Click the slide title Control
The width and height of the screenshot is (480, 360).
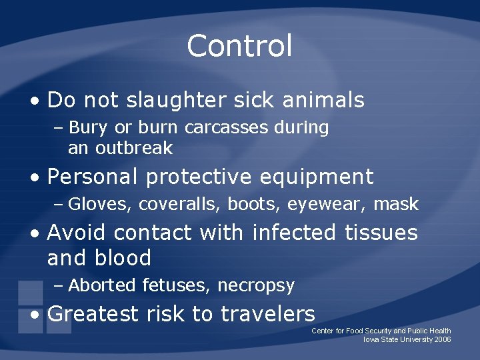tap(239, 46)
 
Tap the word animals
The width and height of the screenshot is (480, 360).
tap(323, 100)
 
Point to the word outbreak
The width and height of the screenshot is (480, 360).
tap(134, 148)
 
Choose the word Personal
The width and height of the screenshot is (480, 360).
tap(93, 177)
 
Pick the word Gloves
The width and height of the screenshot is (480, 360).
tap(100, 204)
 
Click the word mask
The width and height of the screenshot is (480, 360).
tap(396, 204)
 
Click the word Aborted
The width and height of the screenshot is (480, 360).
tap(102, 286)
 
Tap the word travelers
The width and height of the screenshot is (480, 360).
tap(268, 313)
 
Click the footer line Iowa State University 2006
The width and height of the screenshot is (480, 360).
tap(407, 339)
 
